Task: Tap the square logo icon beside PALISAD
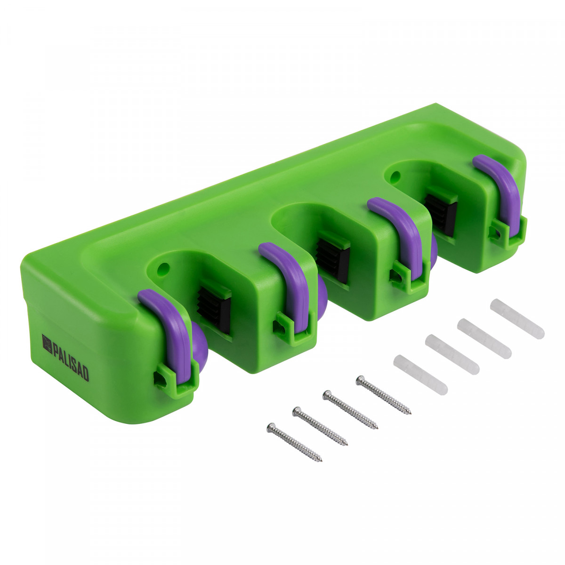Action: click(x=47, y=344)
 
